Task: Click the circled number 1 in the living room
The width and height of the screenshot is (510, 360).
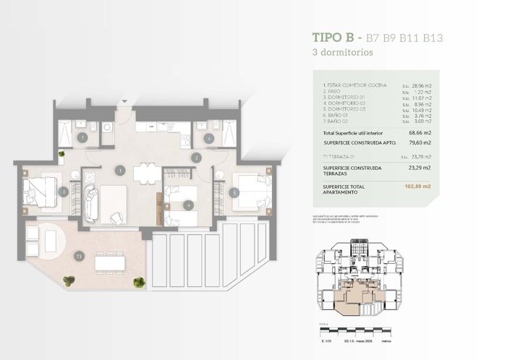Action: point(120,171)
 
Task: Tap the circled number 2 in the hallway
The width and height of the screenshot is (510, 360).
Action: point(196,157)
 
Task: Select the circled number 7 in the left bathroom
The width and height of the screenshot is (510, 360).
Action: point(82,137)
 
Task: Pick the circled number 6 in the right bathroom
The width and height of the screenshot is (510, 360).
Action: point(208,137)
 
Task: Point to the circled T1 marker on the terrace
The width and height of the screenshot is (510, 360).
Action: point(78,255)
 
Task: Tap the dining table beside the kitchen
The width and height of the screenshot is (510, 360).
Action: point(148,173)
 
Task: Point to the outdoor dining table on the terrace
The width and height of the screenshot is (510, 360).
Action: point(110,263)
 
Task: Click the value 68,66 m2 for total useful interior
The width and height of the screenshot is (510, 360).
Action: point(420,133)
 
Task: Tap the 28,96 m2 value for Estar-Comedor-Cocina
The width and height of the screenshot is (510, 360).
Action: point(422,85)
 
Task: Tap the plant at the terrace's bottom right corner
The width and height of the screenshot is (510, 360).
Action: point(139,282)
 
